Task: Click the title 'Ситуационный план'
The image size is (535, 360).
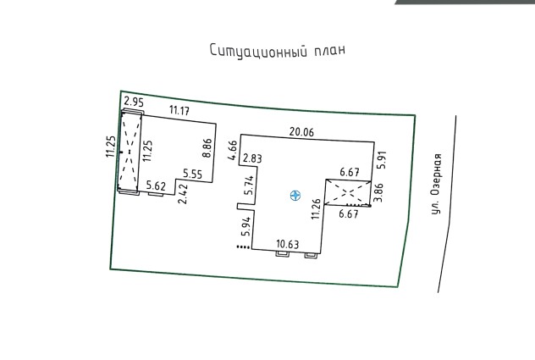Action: pyautogui.click(x=278, y=51)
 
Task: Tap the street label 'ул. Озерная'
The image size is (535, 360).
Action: pyautogui.click(x=436, y=184)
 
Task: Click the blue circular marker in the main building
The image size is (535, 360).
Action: pyautogui.click(x=295, y=196)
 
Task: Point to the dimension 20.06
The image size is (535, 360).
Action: pyautogui.click(x=301, y=132)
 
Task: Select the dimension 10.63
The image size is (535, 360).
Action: pyautogui.click(x=288, y=244)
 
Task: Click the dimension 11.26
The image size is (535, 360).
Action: pyautogui.click(x=316, y=208)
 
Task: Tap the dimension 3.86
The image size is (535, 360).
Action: pyautogui.click(x=379, y=192)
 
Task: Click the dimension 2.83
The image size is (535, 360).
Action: pyautogui.click(x=252, y=158)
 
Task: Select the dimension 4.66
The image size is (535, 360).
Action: pyautogui.click(x=234, y=150)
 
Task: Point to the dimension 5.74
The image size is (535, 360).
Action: pyautogui.click(x=250, y=186)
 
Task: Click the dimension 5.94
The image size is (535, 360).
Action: pyautogui.click(x=246, y=226)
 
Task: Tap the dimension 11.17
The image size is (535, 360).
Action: pyautogui.click(x=179, y=111)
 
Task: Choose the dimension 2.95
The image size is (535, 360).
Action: pyautogui.click(x=134, y=102)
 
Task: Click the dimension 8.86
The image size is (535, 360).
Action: pyautogui.click(x=207, y=147)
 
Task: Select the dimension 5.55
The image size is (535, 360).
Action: pyautogui.click(x=192, y=174)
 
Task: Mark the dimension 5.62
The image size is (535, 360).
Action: pyautogui.click(x=156, y=186)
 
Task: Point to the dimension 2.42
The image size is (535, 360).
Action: pyautogui.click(x=183, y=194)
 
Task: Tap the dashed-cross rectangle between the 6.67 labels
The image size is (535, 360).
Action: pyautogui.click(x=348, y=192)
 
